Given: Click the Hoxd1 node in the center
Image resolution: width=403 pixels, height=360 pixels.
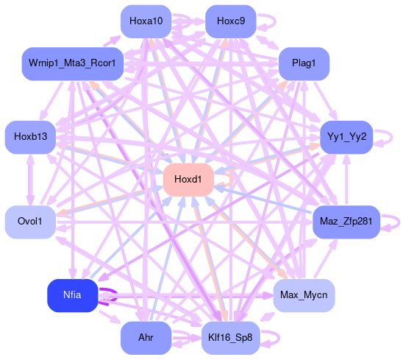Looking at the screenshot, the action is click(x=188, y=180).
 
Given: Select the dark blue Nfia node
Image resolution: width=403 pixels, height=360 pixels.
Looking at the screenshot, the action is click(x=73, y=295).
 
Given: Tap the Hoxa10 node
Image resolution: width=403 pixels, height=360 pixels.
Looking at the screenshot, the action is click(x=146, y=21).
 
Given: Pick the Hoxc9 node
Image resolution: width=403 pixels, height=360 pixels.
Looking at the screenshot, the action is click(x=231, y=21).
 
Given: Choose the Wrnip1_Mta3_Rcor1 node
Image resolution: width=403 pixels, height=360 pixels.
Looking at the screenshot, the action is click(x=73, y=64).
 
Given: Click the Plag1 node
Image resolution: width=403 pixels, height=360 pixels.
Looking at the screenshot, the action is click(x=304, y=64).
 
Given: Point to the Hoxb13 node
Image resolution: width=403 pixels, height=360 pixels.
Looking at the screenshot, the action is click(x=30, y=137).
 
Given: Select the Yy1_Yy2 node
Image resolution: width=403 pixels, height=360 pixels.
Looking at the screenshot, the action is click(x=346, y=137).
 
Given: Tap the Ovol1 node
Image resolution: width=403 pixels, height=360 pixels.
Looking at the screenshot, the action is click(x=30, y=222).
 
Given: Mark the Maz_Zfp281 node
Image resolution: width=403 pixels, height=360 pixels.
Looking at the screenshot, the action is click(x=346, y=222).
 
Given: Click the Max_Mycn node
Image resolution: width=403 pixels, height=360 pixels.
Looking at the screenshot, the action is click(x=304, y=295).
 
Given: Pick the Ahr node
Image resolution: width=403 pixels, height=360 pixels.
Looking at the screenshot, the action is click(x=146, y=338).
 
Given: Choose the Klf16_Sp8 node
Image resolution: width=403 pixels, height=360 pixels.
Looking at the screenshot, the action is click(x=231, y=338).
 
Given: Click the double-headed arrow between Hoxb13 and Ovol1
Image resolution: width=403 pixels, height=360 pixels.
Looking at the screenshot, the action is click(x=30, y=180).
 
